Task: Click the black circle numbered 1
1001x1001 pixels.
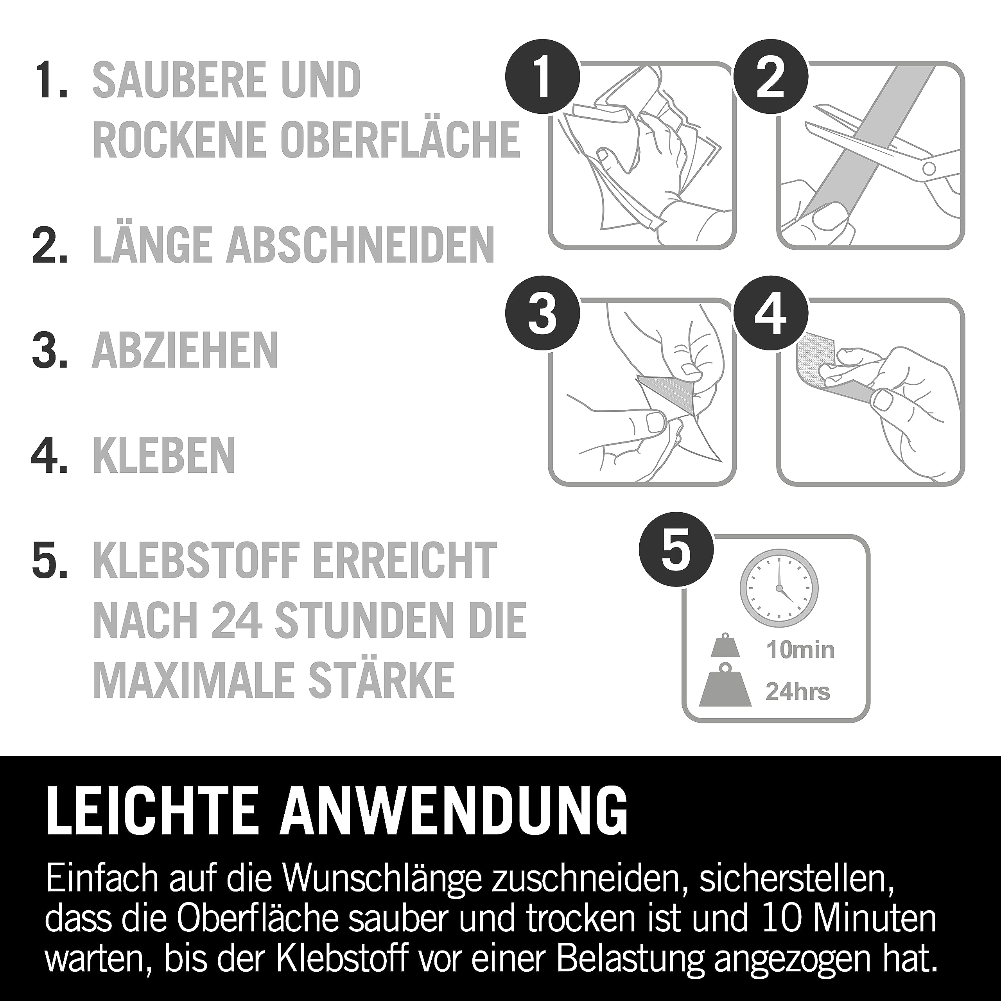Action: pos(542,79)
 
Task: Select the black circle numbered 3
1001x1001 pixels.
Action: pos(542,316)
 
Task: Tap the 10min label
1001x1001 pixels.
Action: pos(800,650)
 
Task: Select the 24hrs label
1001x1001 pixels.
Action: pos(798,692)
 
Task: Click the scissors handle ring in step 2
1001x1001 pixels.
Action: pos(929,167)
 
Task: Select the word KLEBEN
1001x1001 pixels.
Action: pos(164,455)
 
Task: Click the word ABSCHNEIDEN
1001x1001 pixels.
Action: pos(360,244)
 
